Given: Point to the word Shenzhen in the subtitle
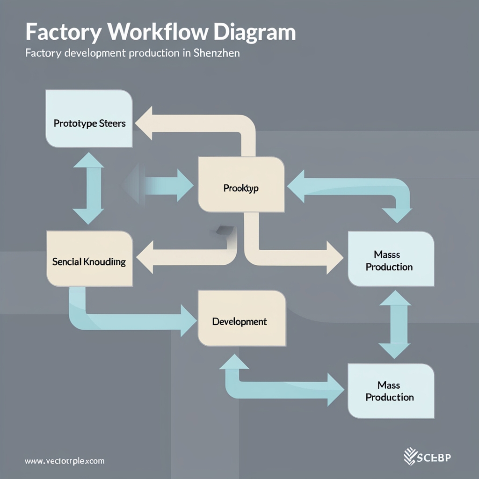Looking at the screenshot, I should click(218, 53).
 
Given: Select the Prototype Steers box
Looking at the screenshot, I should click(89, 119).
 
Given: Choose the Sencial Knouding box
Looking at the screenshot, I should click(89, 258).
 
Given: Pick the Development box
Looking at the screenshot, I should click(241, 318).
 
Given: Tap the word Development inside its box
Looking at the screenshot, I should click(239, 322).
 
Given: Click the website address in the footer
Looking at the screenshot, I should click(65, 461).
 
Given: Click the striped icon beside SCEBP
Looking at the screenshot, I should click(410, 457).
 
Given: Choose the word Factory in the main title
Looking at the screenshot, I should click(56, 33).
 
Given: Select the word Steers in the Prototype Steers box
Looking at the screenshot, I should click(113, 123).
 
